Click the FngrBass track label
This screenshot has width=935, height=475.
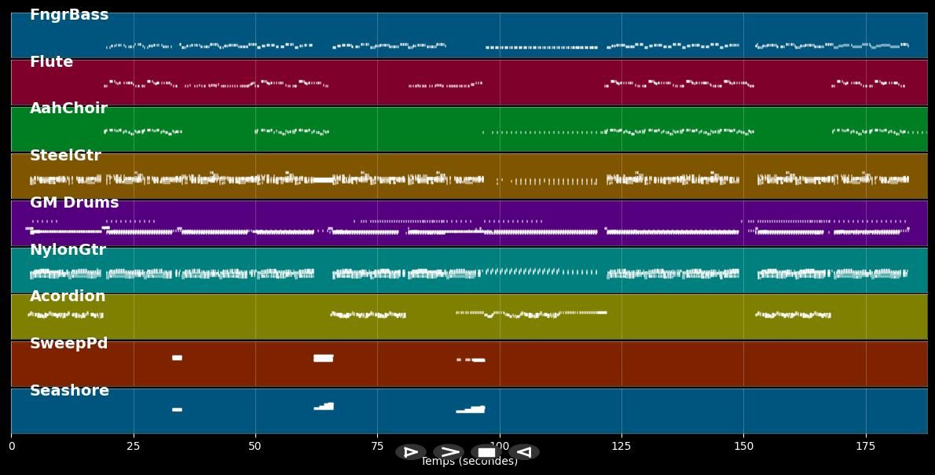coord(69,15)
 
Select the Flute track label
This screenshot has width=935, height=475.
coord(51,62)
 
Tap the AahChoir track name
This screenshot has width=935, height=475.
coord(68,109)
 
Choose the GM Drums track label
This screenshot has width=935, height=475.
coord(74,203)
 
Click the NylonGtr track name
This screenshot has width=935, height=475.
coord(68,250)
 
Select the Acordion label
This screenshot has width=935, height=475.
coord(68,296)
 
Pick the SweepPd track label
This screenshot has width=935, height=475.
coord(68,344)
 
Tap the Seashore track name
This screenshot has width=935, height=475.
coord(69,391)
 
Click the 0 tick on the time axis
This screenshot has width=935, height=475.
coord(12,446)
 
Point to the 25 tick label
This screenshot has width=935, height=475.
coord(134,446)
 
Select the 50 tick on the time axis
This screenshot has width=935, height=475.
coord(255,446)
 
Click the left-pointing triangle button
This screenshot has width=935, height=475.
coord(524,452)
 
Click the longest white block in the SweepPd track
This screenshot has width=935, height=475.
coord(323,358)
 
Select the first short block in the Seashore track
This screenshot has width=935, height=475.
coord(177,410)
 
